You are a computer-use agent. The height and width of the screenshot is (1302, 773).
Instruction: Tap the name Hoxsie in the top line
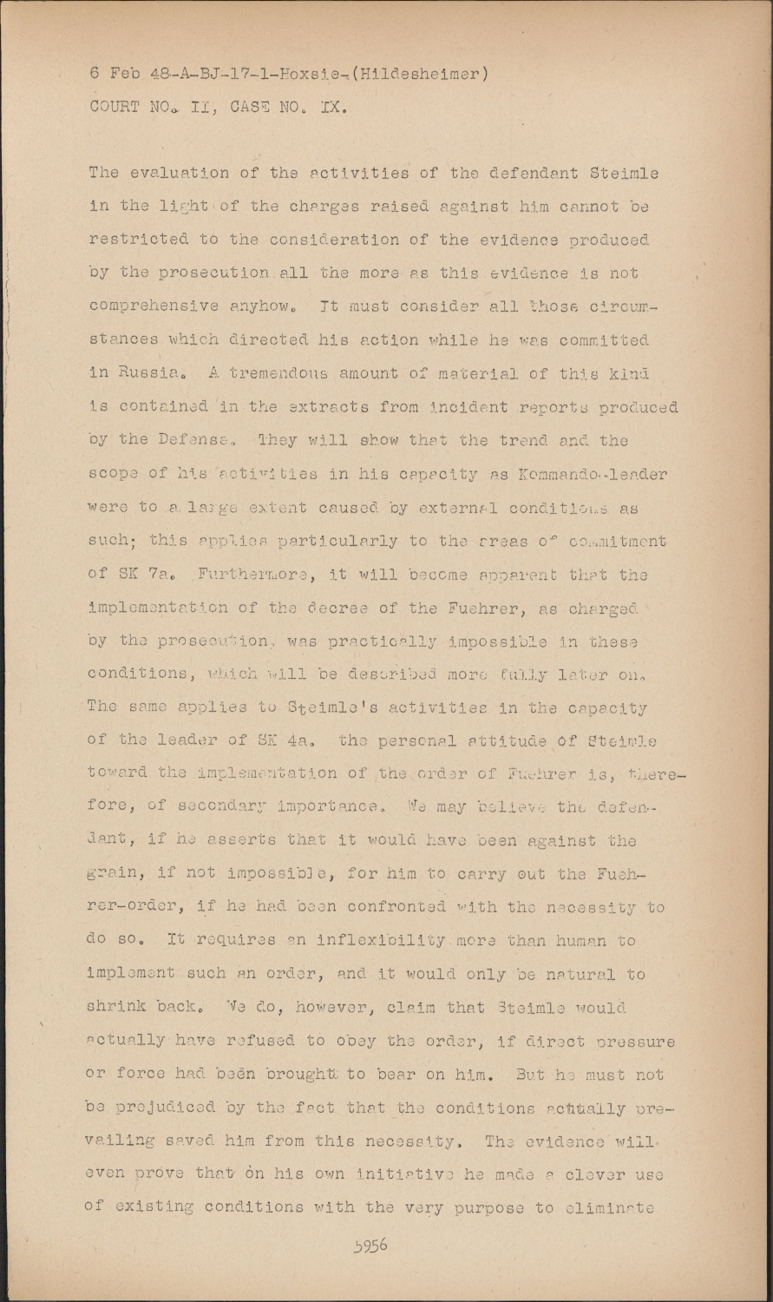[301, 74]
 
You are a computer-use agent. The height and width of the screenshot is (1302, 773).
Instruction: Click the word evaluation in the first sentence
[180, 172]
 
